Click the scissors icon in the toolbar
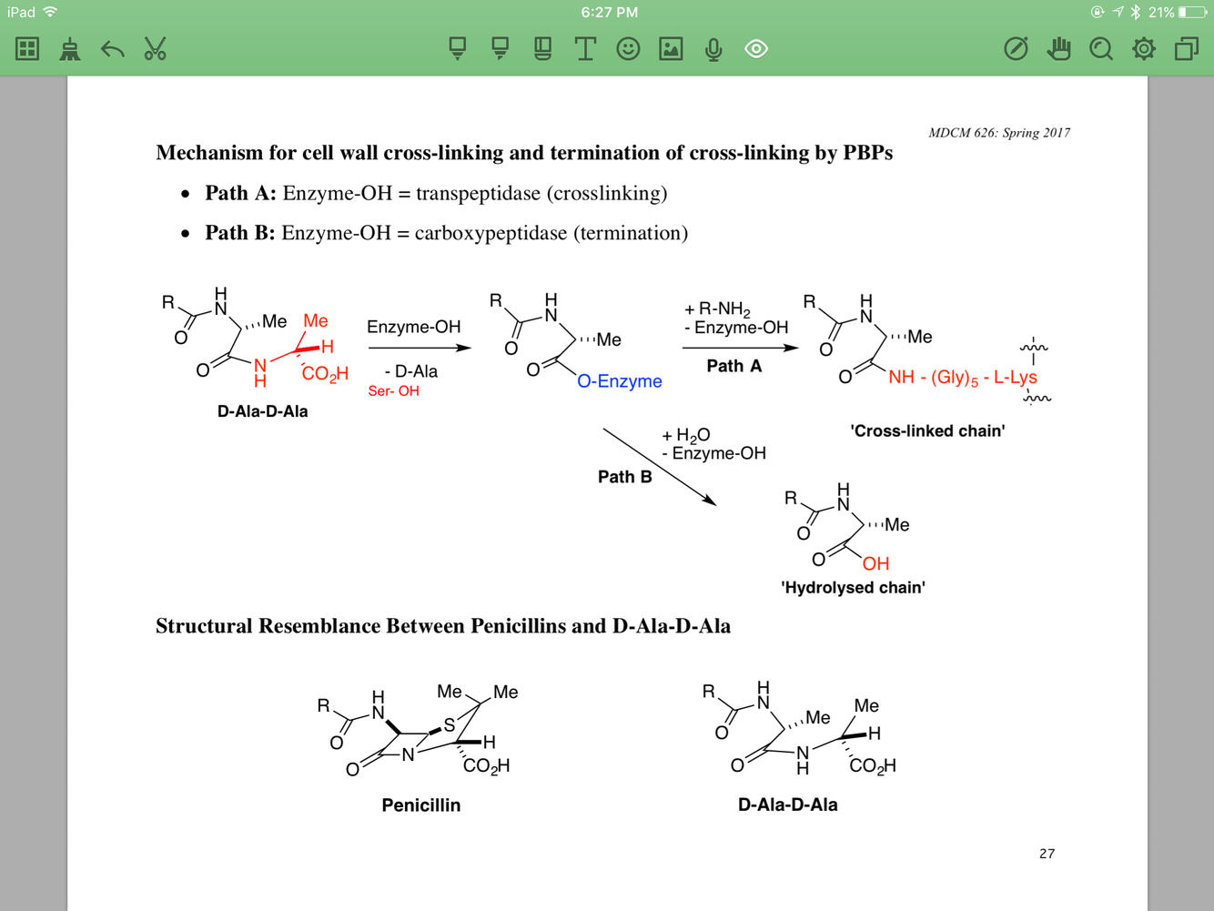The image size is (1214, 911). click(155, 49)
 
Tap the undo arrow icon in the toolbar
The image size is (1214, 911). click(112, 49)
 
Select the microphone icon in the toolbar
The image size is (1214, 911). click(713, 49)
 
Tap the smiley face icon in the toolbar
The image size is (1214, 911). click(628, 49)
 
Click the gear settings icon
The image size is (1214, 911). click(1144, 49)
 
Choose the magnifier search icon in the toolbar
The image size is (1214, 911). click(1101, 49)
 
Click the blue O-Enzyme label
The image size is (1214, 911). click(620, 381)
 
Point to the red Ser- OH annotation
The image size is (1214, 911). click(393, 391)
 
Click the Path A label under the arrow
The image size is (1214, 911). click(733, 366)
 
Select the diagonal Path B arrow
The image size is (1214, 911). click(659, 466)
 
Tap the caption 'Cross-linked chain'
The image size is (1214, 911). click(927, 431)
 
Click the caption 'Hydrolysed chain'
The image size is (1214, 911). click(853, 588)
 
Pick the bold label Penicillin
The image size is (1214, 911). click(420, 805)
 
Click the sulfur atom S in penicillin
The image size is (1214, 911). click(449, 725)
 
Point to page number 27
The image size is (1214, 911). click(1047, 854)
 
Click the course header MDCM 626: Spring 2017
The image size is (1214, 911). click(998, 133)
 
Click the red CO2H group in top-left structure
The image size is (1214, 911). click(325, 374)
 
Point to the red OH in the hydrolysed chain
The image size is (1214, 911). click(875, 564)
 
